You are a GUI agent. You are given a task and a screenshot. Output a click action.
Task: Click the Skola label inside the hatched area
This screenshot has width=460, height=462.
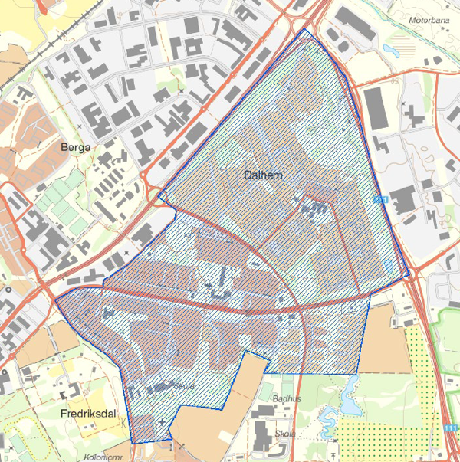coord(184,386)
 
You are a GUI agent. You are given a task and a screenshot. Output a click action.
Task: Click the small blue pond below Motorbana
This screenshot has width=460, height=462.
coord(391,51)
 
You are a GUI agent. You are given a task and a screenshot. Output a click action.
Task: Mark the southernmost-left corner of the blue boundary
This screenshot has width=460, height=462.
coord(132,443)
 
